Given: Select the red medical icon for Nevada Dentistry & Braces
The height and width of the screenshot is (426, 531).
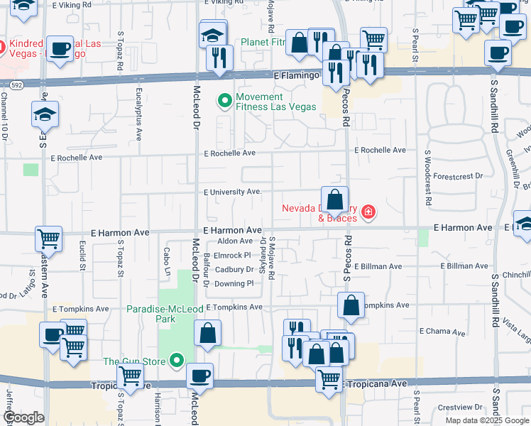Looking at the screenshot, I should point(368,212).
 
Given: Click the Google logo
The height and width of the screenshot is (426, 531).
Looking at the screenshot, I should point(23,417).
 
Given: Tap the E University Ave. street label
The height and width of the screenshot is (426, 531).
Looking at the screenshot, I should point(233,192).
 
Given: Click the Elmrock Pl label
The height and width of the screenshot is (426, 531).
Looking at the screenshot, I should point(232,255).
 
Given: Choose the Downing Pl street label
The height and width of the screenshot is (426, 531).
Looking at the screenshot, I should point(234,283).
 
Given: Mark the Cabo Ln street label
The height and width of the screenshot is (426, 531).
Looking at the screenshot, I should point(168,262).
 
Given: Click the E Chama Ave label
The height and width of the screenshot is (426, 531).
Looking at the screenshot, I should point(442,332).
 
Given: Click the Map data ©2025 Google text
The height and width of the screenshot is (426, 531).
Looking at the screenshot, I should point(486,420).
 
